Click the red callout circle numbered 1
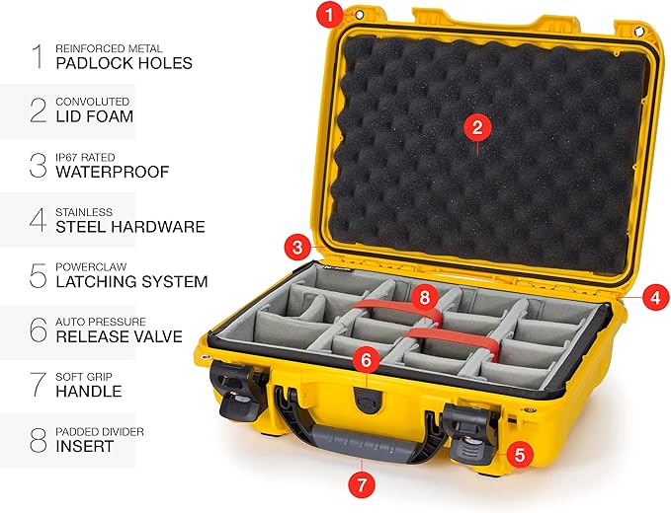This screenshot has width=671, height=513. [x=329, y=15]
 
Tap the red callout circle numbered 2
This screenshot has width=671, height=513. [x=476, y=126]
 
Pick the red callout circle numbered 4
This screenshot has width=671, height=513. [x=654, y=294]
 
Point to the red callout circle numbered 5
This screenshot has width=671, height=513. [x=520, y=455]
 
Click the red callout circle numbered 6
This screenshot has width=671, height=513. [x=365, y=362]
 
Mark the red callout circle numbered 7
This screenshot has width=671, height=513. [x=362, y=484]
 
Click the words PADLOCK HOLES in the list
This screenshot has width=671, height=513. [x=125, y=63]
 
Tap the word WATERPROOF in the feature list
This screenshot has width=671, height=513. [x=113, y=172]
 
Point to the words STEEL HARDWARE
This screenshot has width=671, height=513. [x=130, y=227]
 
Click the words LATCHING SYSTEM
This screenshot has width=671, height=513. [x=131, y=281]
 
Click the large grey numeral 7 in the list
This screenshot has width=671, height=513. [x=39, y=384]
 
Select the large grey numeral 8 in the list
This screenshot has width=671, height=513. [x=39, y=439]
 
